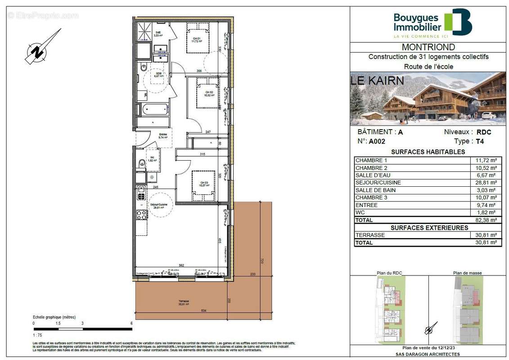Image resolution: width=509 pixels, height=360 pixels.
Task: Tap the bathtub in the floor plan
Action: (153, 110)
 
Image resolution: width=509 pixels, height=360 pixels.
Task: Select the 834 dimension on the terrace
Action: (204, 311)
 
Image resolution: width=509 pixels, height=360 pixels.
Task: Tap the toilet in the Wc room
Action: (141, 162)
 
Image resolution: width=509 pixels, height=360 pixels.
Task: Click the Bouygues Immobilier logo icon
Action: (458, 22)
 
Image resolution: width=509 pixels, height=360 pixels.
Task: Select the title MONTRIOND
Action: (428, 47)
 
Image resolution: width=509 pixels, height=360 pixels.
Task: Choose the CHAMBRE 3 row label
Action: (371, 198)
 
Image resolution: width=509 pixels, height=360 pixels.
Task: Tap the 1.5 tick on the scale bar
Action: (58, 324)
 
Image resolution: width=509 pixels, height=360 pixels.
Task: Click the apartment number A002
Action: (377, 141)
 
